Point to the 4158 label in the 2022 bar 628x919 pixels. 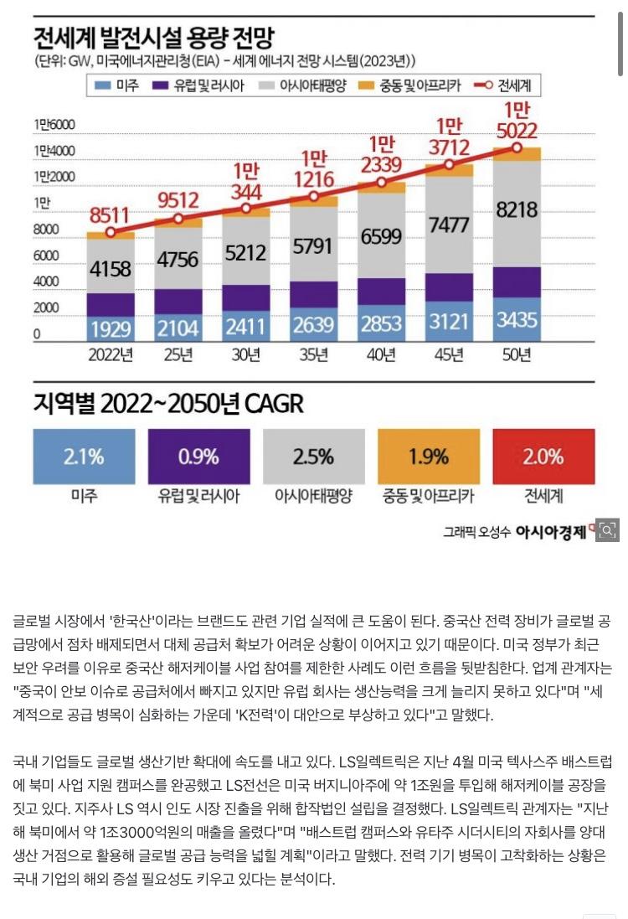pos(111,270)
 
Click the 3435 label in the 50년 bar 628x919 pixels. pos(517,322)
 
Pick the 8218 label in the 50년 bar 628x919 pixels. pos(517,209)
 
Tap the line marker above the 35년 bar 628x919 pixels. pos(314,196)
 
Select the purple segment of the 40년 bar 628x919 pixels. pos(381,291)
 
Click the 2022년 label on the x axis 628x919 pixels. pos(111,355)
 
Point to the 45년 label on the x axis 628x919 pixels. pos(449,355)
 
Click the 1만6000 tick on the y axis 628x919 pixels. pos(55,125)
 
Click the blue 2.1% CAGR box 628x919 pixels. pos(84,457)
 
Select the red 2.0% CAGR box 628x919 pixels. pos(543,457)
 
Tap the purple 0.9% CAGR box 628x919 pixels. pos(198,457)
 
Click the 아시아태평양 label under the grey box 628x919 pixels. pos(313,496)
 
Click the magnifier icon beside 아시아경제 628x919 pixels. pos(608,529)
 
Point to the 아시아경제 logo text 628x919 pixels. pos(551,531)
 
